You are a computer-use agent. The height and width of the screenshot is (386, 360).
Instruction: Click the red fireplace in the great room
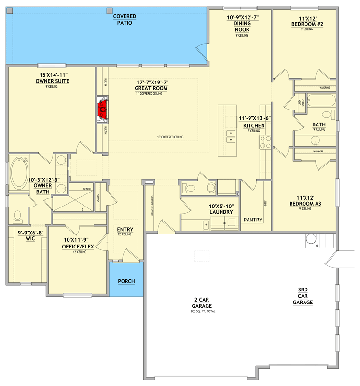102,110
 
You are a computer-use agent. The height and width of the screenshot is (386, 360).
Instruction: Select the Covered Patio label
125,19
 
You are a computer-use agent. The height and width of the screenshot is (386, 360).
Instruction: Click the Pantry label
253,220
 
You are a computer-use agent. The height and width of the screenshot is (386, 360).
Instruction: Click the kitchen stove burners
266,141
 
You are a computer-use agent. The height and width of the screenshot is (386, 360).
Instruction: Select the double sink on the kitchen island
231,140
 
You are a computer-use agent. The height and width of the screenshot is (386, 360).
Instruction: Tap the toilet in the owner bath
18,215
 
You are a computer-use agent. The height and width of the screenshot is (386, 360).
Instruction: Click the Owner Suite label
53,78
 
